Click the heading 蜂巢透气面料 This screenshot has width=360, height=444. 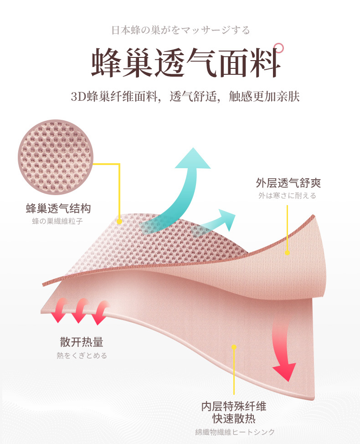pos(185,62)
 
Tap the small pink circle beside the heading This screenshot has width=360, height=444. pos(279,47)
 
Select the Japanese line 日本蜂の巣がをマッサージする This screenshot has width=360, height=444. pos(180,31)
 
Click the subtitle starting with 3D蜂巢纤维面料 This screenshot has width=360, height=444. pos(185,97)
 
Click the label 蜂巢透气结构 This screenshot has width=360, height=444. pos(58,209)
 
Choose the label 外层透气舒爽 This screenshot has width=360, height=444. pos(288,183)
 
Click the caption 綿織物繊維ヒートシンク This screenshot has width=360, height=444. pos(234,432)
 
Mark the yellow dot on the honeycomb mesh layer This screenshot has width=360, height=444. pos(119,222)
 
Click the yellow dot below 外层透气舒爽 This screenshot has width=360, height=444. pos(288,252)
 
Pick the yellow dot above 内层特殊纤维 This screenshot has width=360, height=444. pos(234,347)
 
